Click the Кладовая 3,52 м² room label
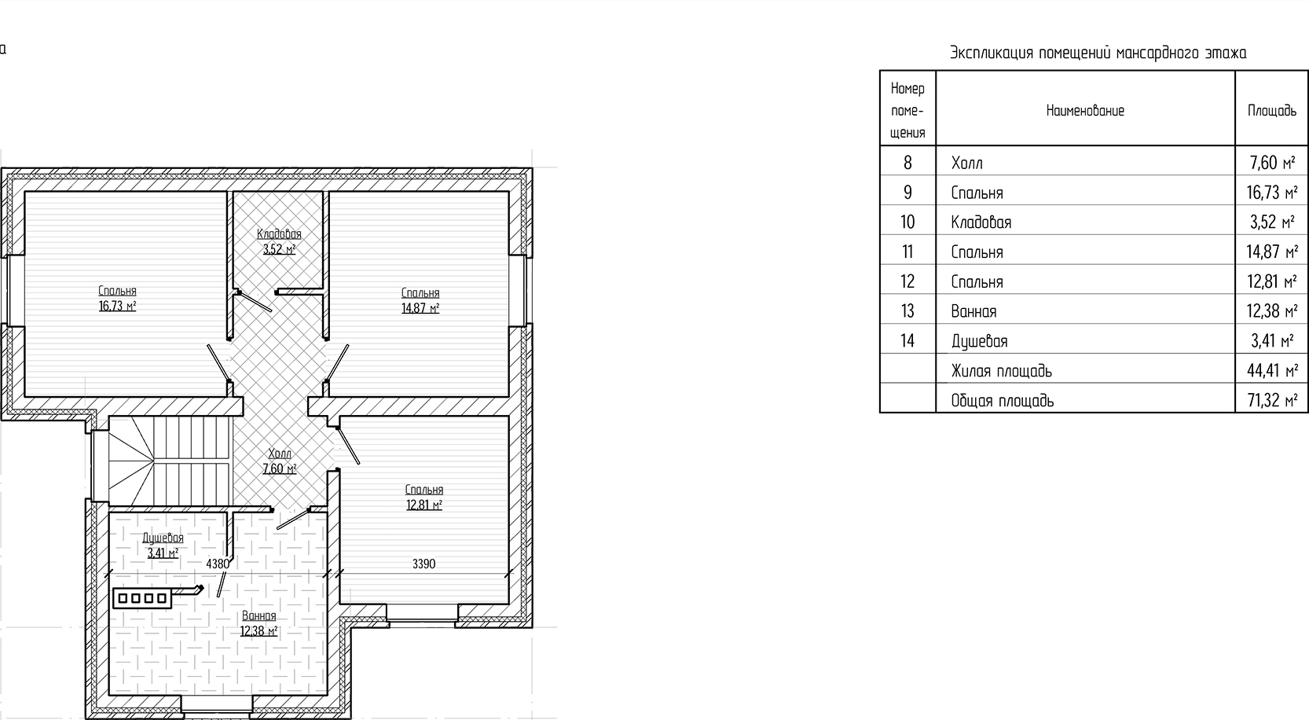279,242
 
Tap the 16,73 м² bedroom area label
117,299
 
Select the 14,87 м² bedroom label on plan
420,301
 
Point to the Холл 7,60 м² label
280,461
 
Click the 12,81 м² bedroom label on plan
424,498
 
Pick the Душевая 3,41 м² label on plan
163,546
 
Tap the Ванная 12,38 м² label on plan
258,623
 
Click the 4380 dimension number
218,564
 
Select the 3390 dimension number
423,564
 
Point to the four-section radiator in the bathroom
142,599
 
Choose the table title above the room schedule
1098,53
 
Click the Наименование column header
1085,111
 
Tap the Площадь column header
1271,111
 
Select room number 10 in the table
907,222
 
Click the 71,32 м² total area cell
1271,401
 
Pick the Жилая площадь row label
1001,371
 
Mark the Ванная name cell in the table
973,311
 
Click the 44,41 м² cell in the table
1271,371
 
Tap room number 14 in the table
907,341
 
